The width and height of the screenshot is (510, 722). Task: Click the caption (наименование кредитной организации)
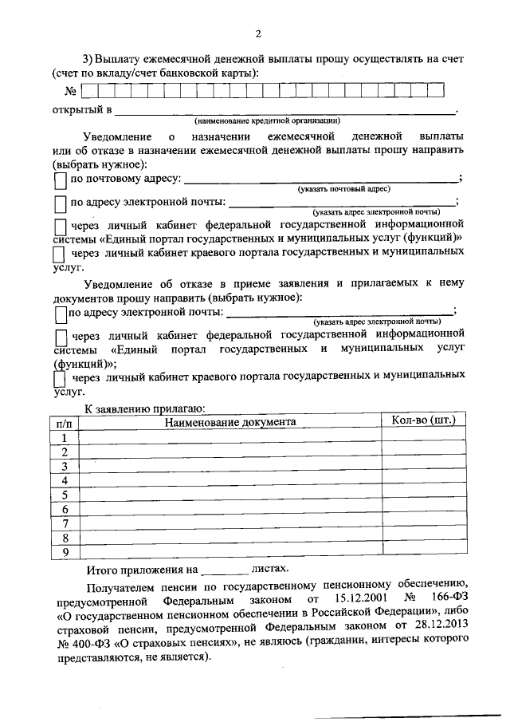tap(267, 121)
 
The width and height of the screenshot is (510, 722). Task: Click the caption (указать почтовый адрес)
tap(343, 189)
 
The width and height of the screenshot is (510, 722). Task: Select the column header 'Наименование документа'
tap(230, 421)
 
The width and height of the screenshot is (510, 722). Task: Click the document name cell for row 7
tap(230, 523)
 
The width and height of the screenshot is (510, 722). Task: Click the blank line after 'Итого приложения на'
tap(225, 571)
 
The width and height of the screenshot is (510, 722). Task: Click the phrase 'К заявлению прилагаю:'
tap(146, 408)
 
